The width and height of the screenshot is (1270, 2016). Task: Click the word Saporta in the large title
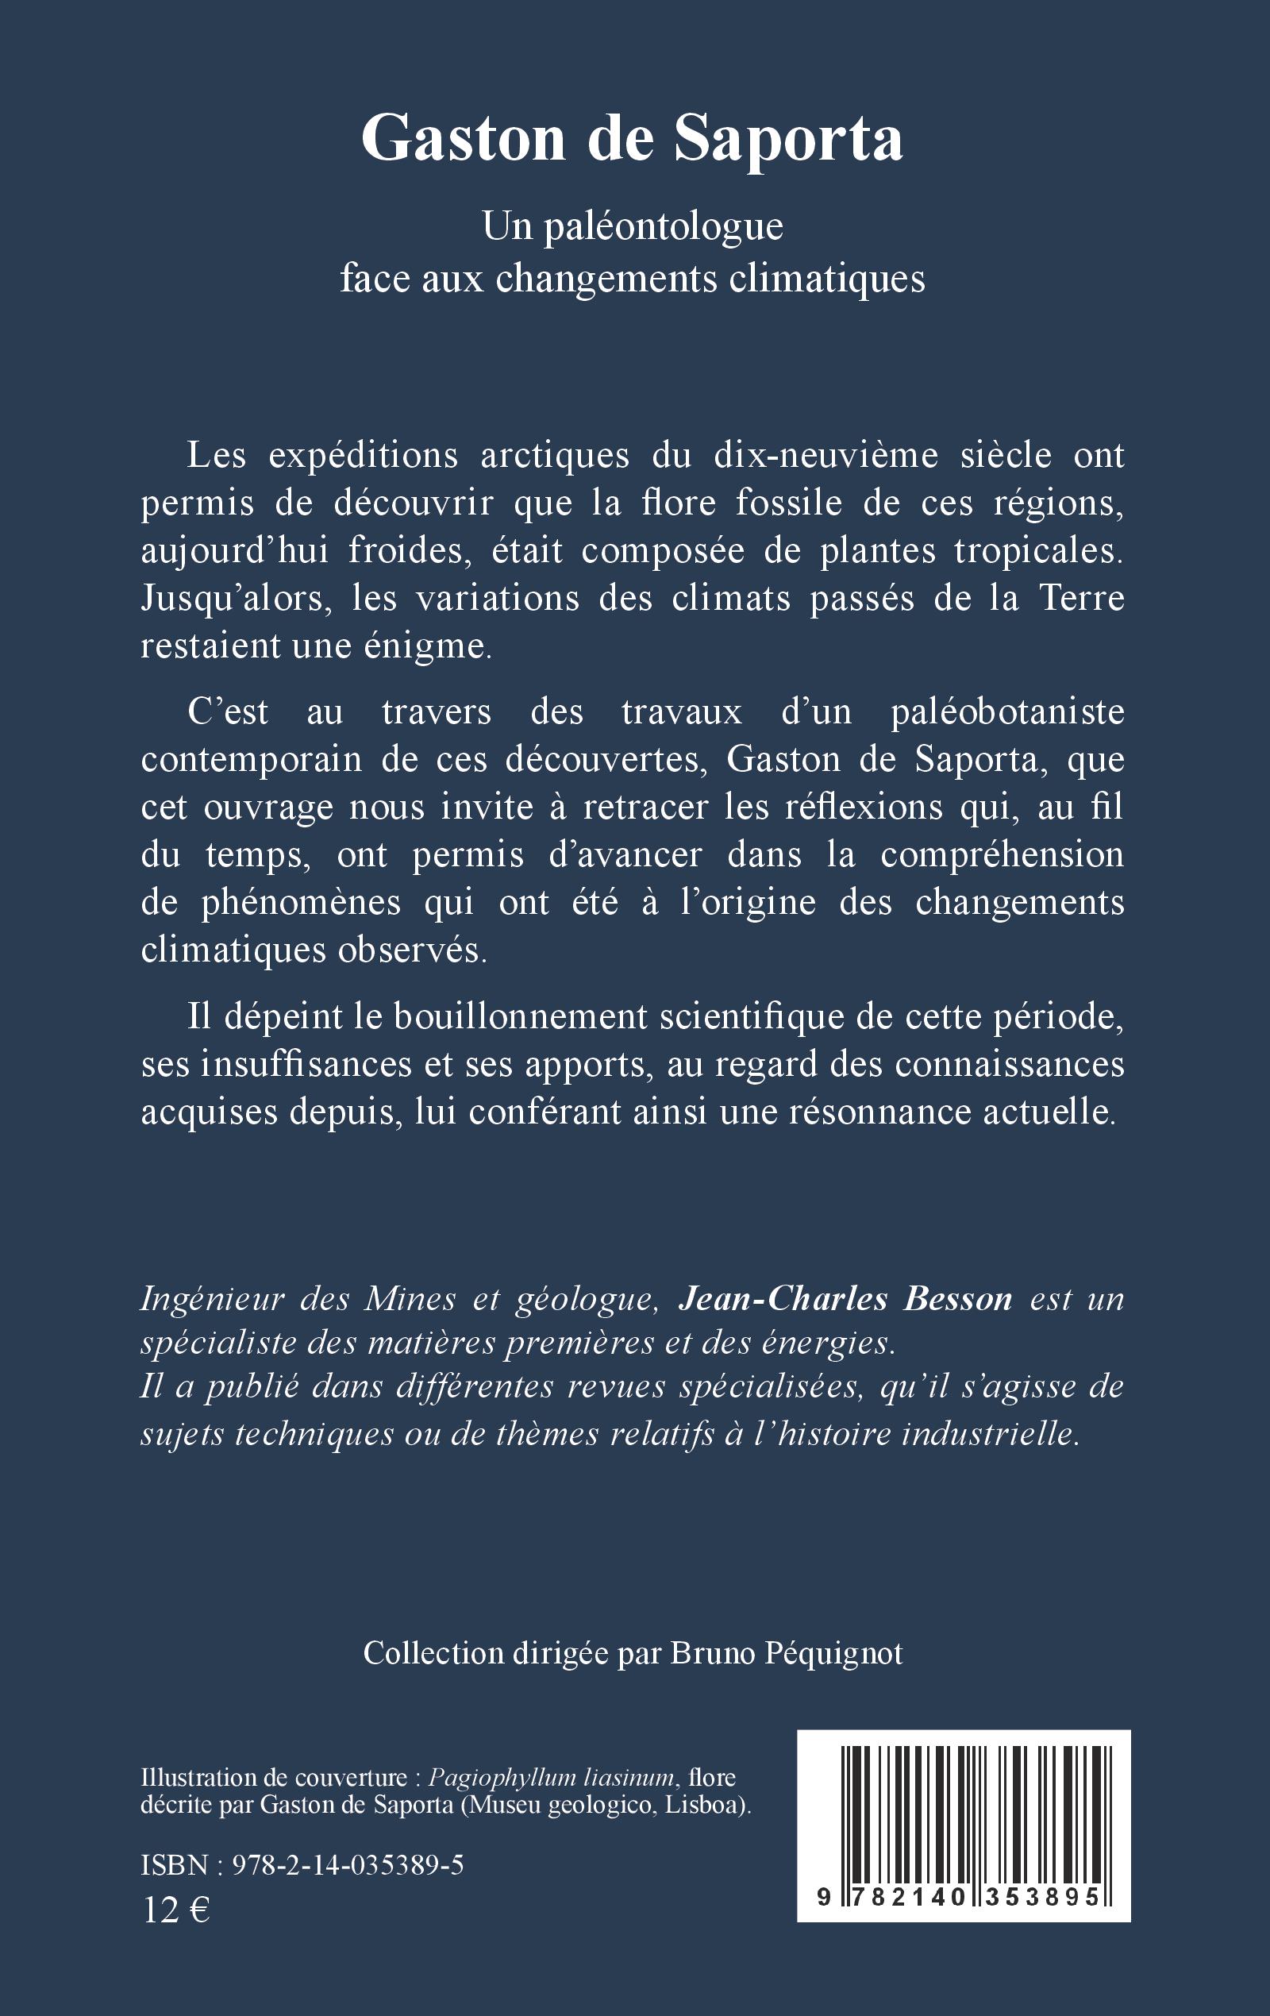790,139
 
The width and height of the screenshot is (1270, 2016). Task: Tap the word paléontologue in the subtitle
663,227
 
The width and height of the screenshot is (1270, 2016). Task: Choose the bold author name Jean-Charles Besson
845,1298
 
